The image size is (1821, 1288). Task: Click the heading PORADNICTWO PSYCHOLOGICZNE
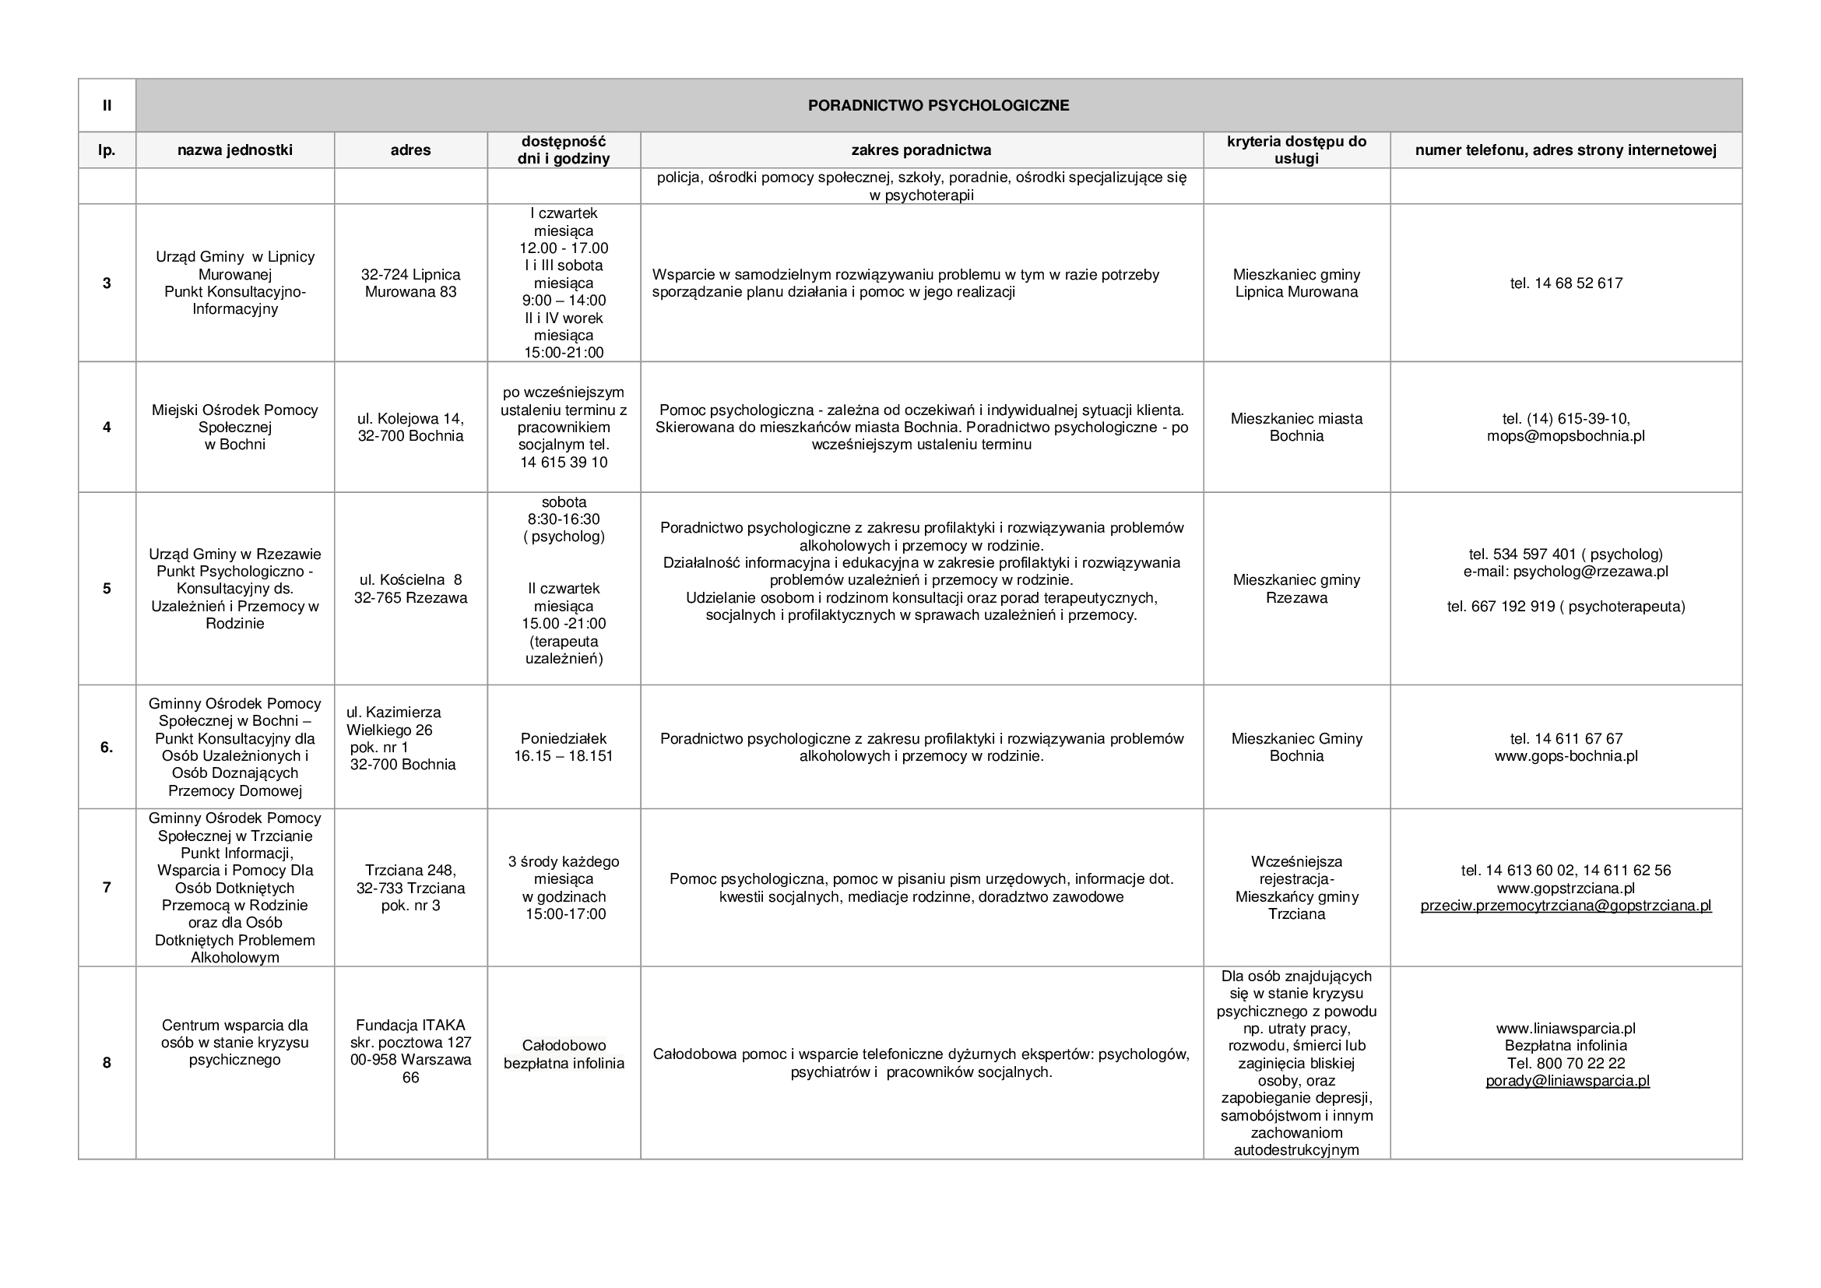[x=938, y=105]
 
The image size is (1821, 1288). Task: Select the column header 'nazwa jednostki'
[x=235, y=150]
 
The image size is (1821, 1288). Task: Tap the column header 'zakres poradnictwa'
[x=921, y=150]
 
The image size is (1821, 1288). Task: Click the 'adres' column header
[x=411, y=150]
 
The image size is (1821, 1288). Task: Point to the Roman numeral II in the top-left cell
[x=107, y=105]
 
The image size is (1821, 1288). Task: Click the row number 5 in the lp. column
[x=107, y=589]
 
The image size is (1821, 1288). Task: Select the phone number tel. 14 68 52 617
[x=1566, y=283]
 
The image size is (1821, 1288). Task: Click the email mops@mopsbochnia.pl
[x=1566, y=436]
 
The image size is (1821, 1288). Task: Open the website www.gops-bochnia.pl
[x=1566, y=756]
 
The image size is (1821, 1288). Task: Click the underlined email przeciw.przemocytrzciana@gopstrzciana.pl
[x=1566, y=906]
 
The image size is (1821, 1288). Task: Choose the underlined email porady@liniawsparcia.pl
[x=1567, y=1080]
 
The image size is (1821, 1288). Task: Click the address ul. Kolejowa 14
[x=411, y=419]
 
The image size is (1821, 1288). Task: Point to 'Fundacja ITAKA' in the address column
[x=411, y=1025]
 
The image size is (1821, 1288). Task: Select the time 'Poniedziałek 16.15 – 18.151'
[x=564, y=747]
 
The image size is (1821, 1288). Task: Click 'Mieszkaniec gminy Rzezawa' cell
[x=1296, y=589]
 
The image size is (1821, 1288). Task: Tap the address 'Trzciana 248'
[x=411, y=870]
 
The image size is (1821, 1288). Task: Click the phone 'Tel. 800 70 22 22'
[x=1566, y=1063]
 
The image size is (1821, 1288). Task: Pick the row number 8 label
[x=107, y=1063]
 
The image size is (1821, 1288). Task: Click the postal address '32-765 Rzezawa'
[x=411, y=598]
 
